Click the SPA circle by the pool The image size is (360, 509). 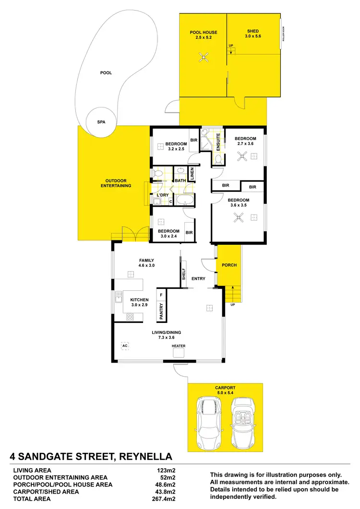pos(101,122)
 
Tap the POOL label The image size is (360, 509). pos(106,73)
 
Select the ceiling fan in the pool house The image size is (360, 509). pos(204,59)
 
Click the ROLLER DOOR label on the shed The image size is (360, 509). pos(284,34)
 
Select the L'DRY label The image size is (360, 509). pos(162,195)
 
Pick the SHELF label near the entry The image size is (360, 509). pos(183,274)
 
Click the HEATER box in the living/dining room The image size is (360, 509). pos(179,352)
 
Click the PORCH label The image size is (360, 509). pos(228,265)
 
